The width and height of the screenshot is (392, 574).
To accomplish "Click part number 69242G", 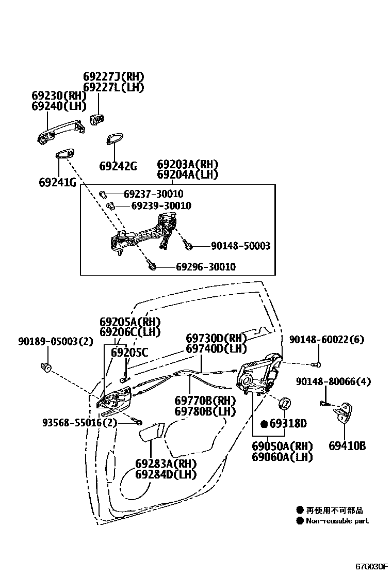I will pyautogui.click(x=118, y=166).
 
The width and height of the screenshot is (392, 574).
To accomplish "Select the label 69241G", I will pyautogui.click(x=57, y=182).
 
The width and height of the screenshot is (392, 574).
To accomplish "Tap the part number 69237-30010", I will pyautogui.click(x=153, y=195).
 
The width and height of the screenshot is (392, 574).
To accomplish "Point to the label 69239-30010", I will pyautogui.click(x=161, y=206).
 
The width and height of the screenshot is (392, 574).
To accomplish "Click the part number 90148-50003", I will pyautogui.click(x=240, y=247).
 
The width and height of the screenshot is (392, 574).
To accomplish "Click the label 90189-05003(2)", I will pyautogui.click(x=55, y=341).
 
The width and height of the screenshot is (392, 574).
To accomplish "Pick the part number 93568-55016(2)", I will pyautogui.click(x=80, y=422).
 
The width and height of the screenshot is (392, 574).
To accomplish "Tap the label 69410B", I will pyautogui.click(x=347, y=445).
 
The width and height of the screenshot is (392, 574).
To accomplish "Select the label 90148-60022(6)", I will pyautogui.click(x=326, y=340).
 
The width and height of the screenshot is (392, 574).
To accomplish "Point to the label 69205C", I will pyautogui.click(x=129, y=353).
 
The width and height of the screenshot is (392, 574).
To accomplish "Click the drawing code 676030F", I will pyautogui.click(x=370, y=566).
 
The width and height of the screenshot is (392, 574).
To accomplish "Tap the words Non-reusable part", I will pyautogui.click(x=337, y=521).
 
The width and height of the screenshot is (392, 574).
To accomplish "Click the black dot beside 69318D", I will pyautogui.click(x=264, y=424).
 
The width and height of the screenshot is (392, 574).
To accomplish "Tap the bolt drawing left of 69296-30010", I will pyautogui.click(x=152, y=267).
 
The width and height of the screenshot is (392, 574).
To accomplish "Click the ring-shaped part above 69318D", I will pyautogui.click(x=284, y=404).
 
